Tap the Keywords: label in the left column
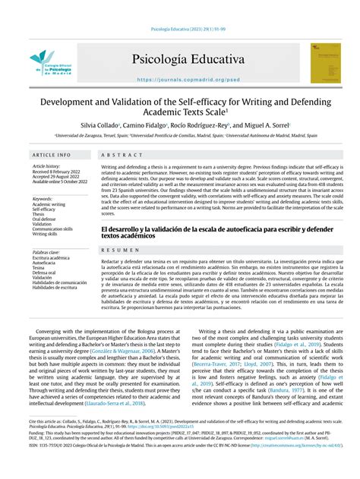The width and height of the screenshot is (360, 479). click(44, 199)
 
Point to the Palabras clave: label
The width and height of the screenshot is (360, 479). click(48, 251)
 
